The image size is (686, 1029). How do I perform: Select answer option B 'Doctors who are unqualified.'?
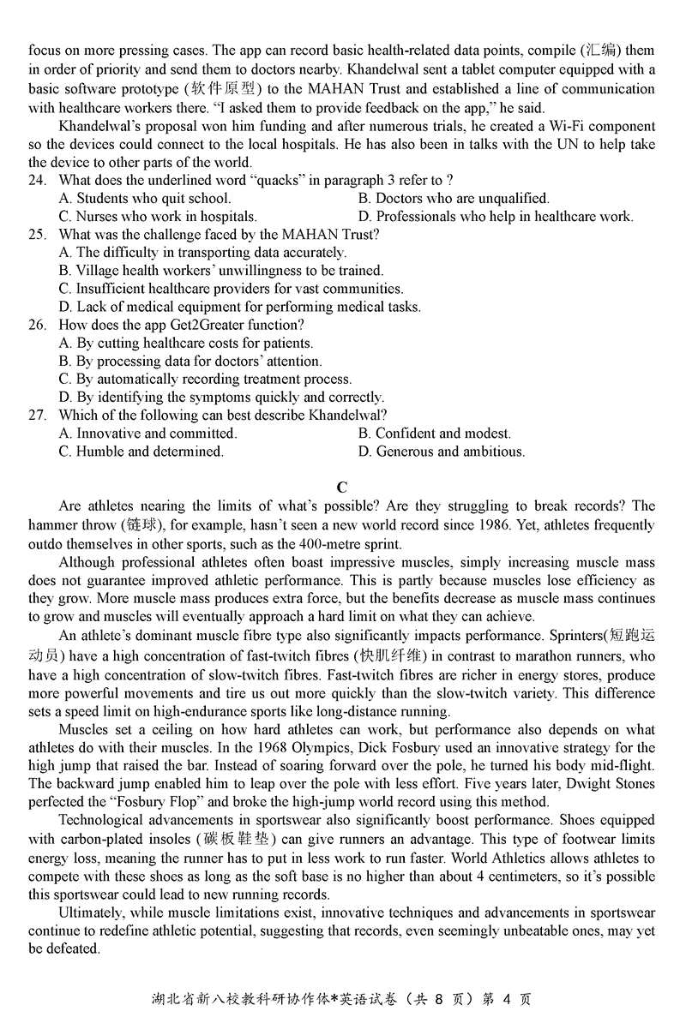[x=454, y=198]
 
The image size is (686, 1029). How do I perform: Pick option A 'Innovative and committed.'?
[x=147, y=434]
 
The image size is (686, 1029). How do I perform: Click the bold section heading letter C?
[x=341, y=488]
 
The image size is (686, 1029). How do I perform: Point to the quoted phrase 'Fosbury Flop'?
[x=143, y=802]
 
